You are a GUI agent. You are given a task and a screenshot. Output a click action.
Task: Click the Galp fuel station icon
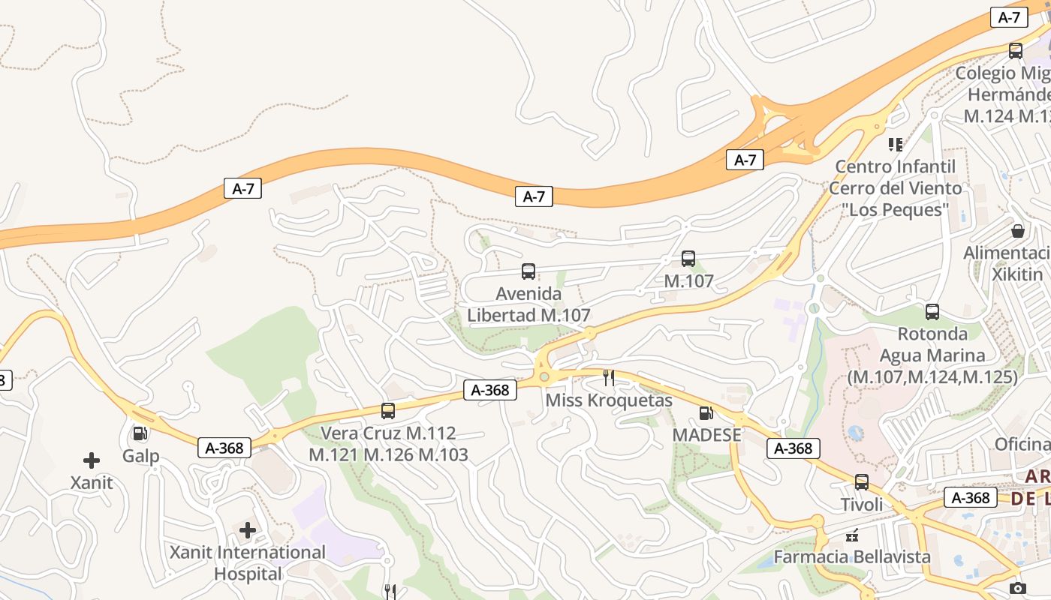coord(140,433)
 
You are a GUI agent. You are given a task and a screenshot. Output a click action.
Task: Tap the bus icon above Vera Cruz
coord(388,411)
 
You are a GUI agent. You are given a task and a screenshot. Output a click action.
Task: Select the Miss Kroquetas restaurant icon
coord(609,378)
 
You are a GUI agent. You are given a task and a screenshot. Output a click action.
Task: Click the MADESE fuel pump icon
coord(706,413)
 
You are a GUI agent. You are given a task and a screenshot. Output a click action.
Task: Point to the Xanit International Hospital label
coord(248,563)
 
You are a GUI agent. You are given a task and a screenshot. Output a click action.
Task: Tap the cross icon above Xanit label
coord(92,460)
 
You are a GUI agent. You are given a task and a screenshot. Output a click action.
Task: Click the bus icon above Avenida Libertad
coord(529,271)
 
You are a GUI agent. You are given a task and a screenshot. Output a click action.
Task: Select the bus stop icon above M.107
coord(688,259)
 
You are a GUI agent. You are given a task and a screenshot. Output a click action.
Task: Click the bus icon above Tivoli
coord(862,482)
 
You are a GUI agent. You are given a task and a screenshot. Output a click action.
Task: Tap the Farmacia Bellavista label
coord(852,557)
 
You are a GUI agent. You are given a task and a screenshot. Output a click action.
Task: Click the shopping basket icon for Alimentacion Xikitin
coord(1018,231)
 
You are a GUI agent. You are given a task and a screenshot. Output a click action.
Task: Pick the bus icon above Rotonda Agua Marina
coord(932,312)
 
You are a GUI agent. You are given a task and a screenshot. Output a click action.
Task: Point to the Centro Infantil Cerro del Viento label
coord(895,187)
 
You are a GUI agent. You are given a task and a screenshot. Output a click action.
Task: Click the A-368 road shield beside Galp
coord(224,448)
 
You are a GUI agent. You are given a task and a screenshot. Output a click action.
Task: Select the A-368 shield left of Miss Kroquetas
coord(490,390)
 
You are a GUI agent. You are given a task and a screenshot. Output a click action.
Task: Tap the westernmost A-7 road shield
coord(243,188)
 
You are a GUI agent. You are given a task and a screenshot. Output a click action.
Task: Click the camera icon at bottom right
coord(1018,588)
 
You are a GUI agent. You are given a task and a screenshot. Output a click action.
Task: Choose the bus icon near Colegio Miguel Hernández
coord(1016,51)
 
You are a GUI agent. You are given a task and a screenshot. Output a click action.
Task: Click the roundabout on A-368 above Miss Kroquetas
coord(544,375)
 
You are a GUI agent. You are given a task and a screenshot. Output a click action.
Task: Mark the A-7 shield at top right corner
coord(1009,17)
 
